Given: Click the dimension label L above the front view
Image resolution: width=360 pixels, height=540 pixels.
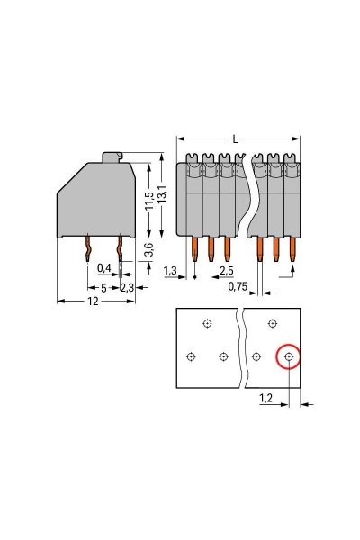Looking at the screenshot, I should [236, 139].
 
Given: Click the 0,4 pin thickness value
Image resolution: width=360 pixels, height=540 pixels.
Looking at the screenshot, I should [105, 269].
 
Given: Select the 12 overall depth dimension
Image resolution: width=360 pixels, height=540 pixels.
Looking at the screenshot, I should [94, 301].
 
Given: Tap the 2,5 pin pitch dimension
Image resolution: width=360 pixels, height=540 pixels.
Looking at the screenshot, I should [228, 270].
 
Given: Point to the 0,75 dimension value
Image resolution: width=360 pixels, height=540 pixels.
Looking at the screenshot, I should [238, 286].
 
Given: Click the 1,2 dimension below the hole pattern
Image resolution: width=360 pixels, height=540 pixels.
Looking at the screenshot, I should [266, 397].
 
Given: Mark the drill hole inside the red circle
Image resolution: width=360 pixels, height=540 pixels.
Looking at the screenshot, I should [289, 357].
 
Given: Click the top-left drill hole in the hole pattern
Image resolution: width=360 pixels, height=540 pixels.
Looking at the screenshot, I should [207, 324].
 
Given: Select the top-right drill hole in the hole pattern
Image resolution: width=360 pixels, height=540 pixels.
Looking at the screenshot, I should [273, 324].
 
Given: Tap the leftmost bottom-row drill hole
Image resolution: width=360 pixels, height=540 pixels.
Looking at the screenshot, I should [191, 357].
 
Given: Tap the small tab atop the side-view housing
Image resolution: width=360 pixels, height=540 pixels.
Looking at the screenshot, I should [112, 158].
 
